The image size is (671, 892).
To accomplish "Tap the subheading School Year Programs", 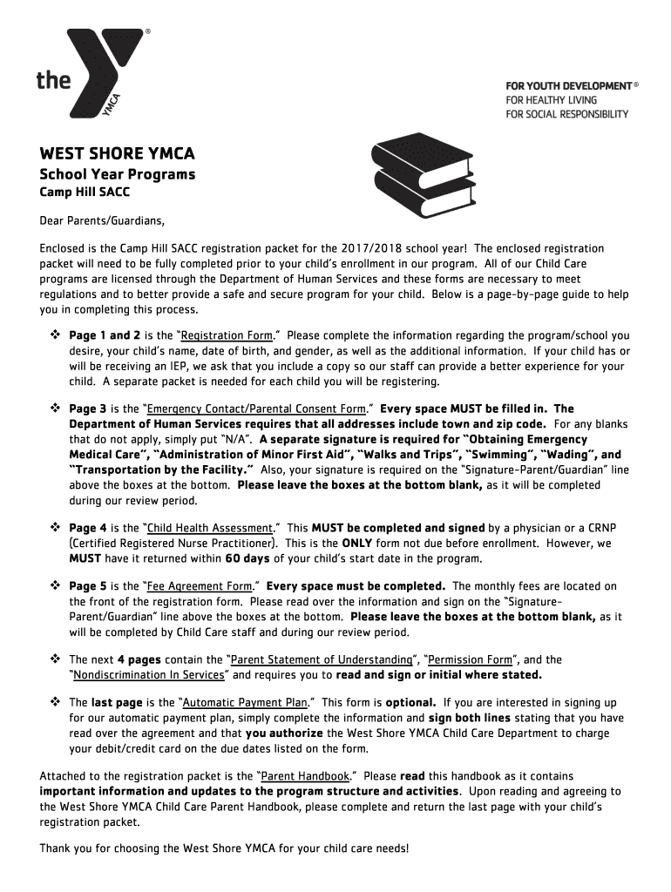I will pos(118,174).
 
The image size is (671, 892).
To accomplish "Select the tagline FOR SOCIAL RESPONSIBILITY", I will pos(566,114).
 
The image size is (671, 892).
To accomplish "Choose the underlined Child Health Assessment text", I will pos(212,528).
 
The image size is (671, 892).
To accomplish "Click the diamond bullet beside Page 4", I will pos(54,528).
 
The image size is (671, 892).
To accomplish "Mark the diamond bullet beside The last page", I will pos(54,702).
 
